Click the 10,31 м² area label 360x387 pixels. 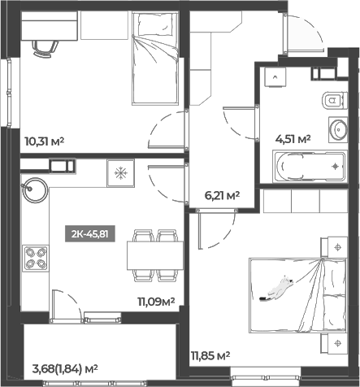[44, 141]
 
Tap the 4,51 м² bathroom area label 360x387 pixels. [293, 139]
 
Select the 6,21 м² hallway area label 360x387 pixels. [222, 195]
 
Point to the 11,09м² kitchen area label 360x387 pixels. [156, 301]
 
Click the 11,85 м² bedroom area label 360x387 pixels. [210, 355]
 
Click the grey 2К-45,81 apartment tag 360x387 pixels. [90, 233]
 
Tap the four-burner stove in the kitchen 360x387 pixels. [36, 259]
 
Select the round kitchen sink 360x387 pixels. [35, 190]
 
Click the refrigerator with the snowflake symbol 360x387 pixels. [121, 173]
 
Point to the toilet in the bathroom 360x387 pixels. [335, 101]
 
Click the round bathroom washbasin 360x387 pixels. [338, 129]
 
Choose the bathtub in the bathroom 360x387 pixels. [310, 167]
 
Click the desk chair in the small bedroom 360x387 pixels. [46, 49]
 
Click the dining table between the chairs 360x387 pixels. [155, 255]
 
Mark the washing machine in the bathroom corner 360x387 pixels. [275, 77]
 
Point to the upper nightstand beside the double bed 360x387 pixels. [334, 247]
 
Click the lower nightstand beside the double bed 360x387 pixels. [334, 343]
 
